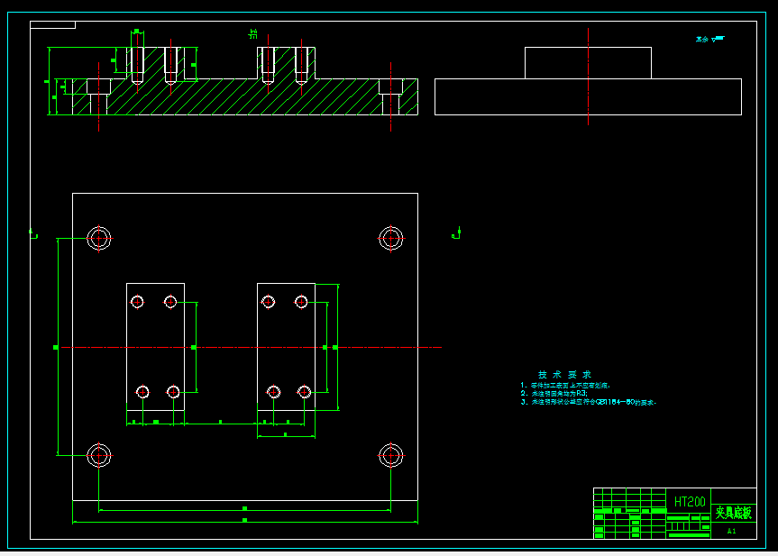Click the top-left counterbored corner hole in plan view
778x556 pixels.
click(x=99, y=239)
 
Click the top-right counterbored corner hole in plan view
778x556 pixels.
click(x=390, y=239)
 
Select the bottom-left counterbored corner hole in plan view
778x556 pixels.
click(x=99, y=455)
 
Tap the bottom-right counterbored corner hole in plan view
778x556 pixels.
click(x=390, y=455)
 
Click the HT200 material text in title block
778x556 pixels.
click(x=690, y=501)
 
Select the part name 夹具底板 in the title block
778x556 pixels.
click(x=733, y=513)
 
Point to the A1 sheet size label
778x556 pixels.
click(x=731, y=532)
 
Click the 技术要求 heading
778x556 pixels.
click(x=564, y=374)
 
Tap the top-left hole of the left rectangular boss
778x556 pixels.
click(x=137, y=302)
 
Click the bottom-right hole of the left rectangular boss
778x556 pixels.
click(x=173, y=391)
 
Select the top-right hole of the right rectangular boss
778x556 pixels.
click(x=302, y=302)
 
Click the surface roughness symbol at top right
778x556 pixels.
click(x=710, y=39)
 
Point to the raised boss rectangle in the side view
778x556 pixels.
click(x=588, y=63)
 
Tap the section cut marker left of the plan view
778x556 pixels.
click(x=33, y=234)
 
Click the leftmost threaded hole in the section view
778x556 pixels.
click(x=136, y=65)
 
